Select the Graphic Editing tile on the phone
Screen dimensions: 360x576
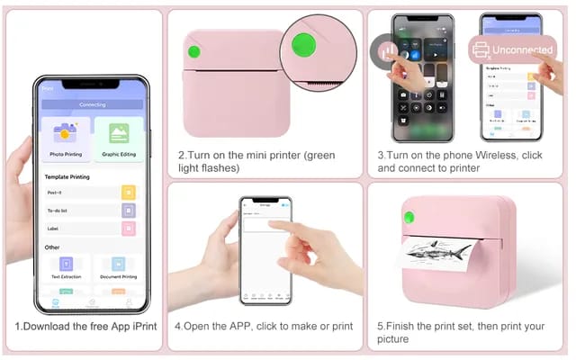[x=119, y=139]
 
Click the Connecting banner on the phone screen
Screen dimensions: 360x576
[x=92, y=104]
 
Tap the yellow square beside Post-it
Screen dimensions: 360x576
[x=128, y=192]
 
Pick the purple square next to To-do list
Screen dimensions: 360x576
[x=128, y=211]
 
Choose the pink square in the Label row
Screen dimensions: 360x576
[x=128, y=229]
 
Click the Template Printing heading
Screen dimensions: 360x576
[x=67, y=177]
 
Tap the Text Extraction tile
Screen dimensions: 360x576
[x=66, y=268]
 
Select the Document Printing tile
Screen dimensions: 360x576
[x=118, y=268]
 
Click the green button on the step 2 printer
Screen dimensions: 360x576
[x=193, y=51]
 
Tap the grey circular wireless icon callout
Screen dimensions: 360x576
[x=388, y=51]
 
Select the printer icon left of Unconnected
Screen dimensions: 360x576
[x=481, y=50]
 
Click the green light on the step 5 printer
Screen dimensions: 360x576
[x=408, y=217]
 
